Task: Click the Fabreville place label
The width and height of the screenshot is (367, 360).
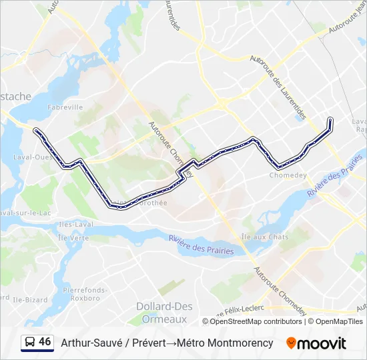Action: tap(65, 107)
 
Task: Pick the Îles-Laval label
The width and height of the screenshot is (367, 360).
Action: tap(74, 224)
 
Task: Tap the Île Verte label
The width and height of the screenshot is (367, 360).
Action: tap(73, 237)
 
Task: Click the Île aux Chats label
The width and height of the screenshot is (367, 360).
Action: tap(264, 237)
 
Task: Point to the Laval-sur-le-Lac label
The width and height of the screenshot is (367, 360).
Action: tap(27, 213)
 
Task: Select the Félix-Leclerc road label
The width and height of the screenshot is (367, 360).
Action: tap(242, 309)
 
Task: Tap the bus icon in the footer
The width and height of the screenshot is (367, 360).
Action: tap(30, 343)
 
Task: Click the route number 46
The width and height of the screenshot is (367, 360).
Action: tap(45, 342)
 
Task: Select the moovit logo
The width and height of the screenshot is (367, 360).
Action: tap(316, 343)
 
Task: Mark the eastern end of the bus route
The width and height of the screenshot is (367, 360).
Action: tap(330, 119)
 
